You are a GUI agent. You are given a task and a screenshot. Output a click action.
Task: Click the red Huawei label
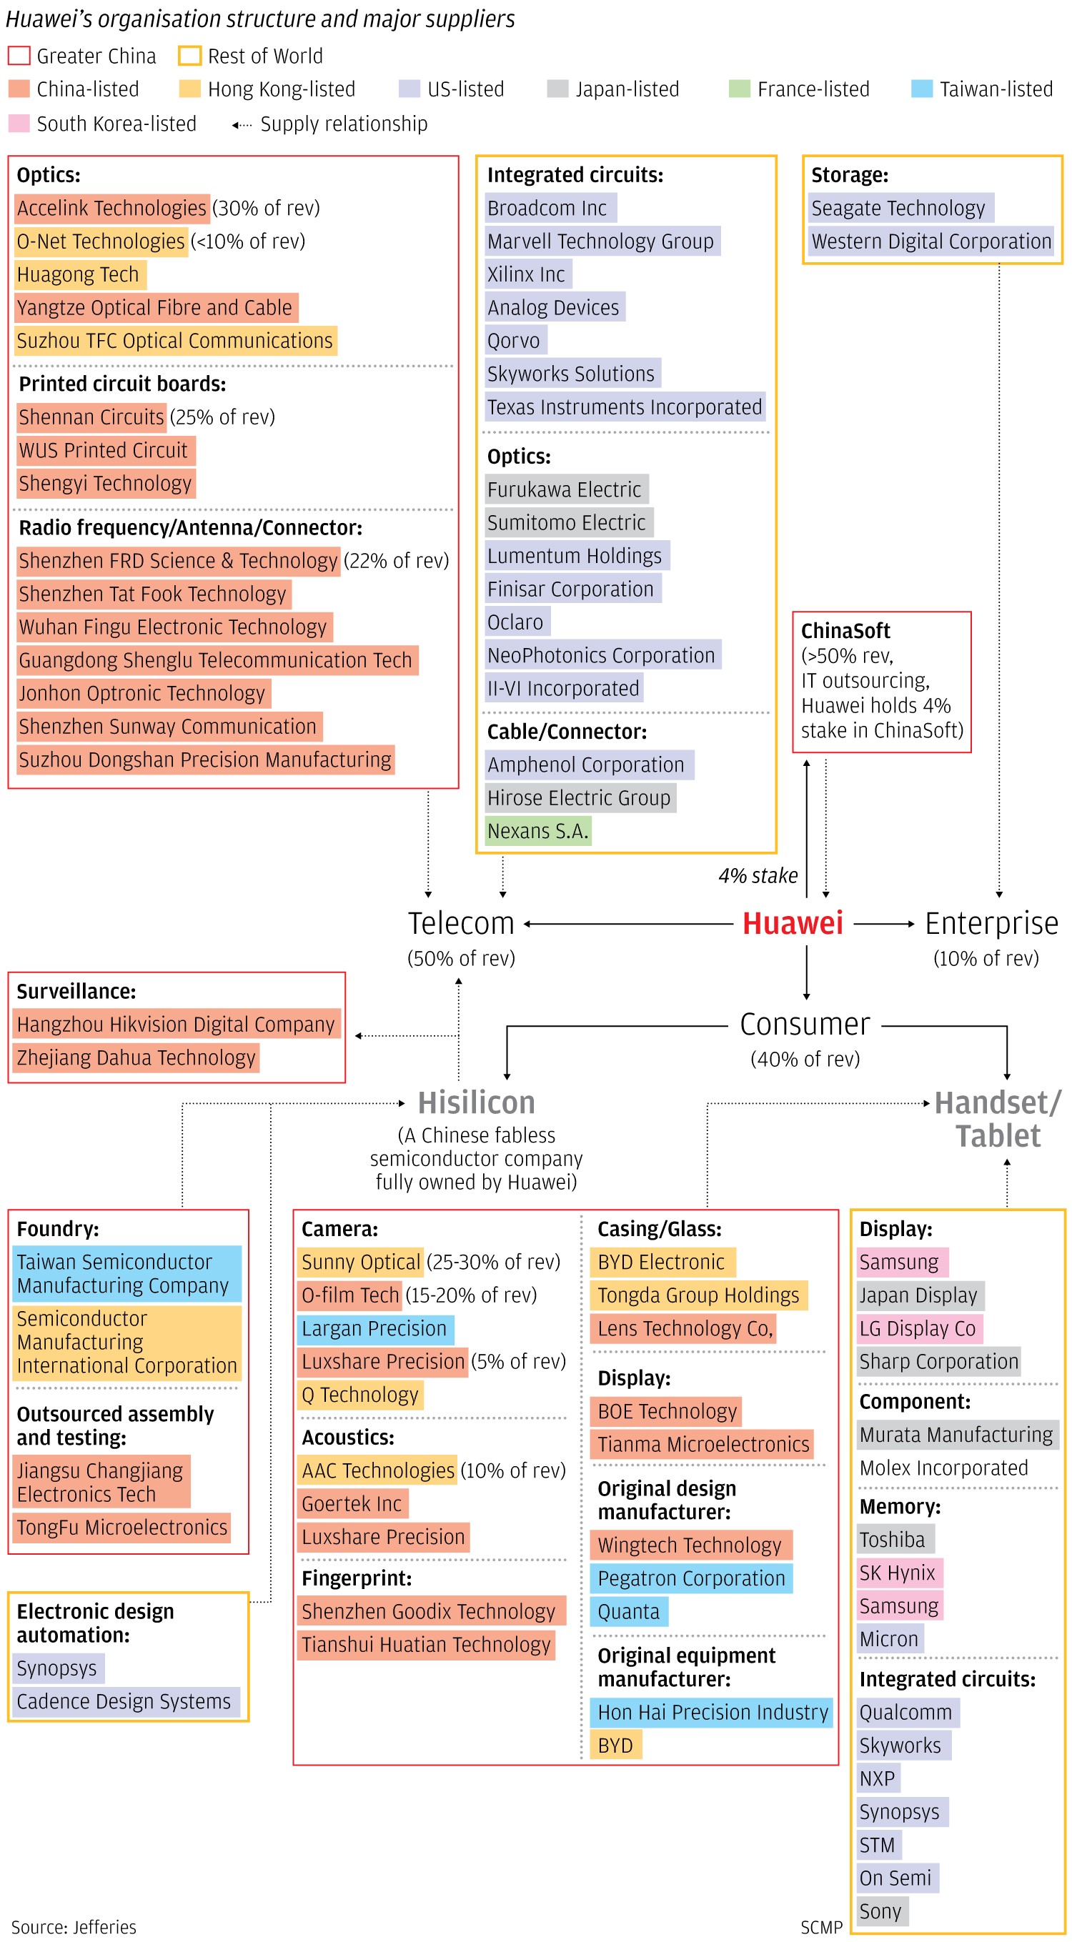[x=793, y=924]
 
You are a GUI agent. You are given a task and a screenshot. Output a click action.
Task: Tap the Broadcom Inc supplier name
[x=547, y=208]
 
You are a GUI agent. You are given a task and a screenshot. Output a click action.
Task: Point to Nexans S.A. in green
[x=537, y=831]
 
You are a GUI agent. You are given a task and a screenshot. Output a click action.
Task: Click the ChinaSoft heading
[x=845, y=630]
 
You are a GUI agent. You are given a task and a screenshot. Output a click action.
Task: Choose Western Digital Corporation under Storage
[x=931, y=241]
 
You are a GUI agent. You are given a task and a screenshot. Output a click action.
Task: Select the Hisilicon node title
[x=477, y=1103]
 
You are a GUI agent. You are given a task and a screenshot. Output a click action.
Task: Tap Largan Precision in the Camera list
[x=374, y=1328]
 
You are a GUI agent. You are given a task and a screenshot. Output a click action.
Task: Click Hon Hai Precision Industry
[x=713, y=1712]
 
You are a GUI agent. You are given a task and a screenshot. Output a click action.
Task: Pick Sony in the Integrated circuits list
[x=880, y=1911]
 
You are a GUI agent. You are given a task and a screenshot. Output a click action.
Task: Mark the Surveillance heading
[x=76, y=991]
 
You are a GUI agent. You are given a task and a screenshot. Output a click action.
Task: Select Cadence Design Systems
[x=124, y=1701]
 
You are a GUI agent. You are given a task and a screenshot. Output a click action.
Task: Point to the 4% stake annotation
[x=758, y=875]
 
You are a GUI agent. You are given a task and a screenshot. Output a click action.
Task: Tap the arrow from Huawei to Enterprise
[x=883, y=924]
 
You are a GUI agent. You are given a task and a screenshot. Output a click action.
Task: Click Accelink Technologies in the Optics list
[x=111, y=208]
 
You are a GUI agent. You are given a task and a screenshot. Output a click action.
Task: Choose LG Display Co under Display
[x=918, y=1328]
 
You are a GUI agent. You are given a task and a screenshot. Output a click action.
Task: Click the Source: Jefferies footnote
[x=74, y=1927]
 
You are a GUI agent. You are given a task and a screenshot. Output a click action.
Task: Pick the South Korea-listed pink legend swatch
[x=19, y=124]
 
